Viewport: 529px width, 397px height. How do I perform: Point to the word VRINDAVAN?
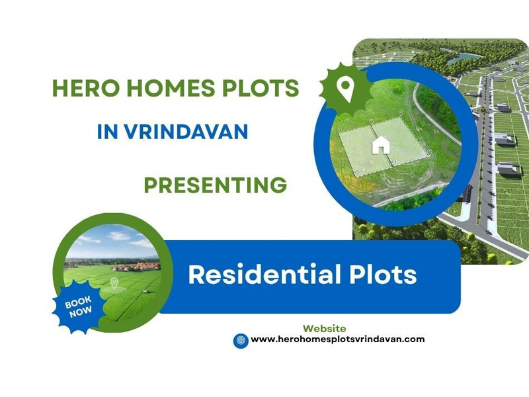pos(186,132)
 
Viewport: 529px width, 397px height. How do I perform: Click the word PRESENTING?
pos(216,185)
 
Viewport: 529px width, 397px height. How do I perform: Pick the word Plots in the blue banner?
pos(383,274)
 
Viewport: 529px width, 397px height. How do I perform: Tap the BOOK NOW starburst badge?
pos(79,306)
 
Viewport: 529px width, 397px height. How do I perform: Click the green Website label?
pos(324,328)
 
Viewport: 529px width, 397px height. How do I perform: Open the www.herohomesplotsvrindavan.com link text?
pos(338,339)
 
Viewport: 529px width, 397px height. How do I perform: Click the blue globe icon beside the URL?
pos(241,341)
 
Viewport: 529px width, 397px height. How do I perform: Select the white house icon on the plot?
pos(381,145)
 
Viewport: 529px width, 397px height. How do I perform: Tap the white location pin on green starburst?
pos(345,87)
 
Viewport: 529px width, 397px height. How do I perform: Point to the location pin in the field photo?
pos(114,283)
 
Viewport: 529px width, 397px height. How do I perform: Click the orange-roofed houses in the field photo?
pos(136,267)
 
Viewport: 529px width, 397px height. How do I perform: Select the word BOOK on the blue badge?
pos(78,302)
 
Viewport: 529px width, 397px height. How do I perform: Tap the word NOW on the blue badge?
pos(81,312)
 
